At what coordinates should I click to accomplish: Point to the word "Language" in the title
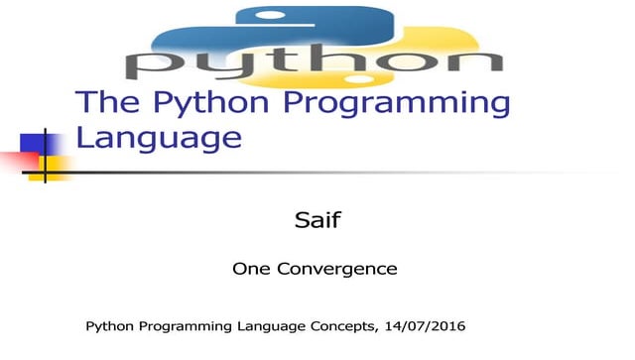pyautogui.click(x=159, y=137)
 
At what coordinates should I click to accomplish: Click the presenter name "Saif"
pyautogui.click(x=317, y=219)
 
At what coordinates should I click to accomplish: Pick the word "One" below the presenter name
pyautogui.click(x=251, y=268)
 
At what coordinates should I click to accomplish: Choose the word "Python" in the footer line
pyautogui.click(x=111, y=326)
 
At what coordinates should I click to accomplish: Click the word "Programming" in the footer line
pyautogui.click(x=186, y=326)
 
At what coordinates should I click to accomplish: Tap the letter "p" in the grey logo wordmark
pyautogui.click(x=155, y=63)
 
